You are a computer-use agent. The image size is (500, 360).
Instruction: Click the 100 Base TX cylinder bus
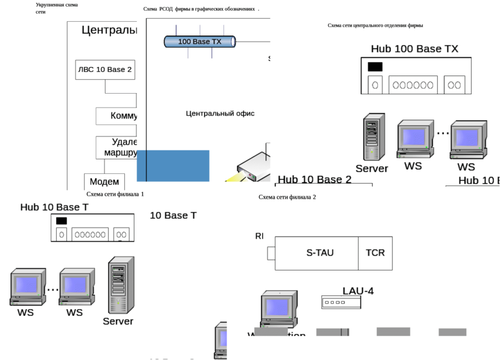[200, 42]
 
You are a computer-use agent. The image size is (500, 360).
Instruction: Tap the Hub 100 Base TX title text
[414, 49]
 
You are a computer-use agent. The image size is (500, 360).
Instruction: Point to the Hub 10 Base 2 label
[314, 179]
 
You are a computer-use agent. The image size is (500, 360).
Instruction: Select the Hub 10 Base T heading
[55, 207]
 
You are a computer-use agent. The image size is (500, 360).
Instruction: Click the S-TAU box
[319, 252]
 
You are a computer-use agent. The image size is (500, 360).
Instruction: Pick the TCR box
[375, 252]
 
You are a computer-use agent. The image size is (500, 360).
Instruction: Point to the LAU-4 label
[357, 291]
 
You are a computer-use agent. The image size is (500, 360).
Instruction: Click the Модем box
[104, 182]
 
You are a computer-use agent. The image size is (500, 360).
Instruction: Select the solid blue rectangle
[173, 166]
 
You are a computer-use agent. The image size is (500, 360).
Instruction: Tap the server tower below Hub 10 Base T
[120, 285]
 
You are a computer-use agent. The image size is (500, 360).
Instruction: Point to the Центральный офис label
[220, 114]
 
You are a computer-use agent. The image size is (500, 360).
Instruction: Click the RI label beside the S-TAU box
[260, 236]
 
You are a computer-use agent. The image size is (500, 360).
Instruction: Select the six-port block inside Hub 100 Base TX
[413, 85]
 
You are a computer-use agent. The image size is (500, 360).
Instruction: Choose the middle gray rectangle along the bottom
[393, 332]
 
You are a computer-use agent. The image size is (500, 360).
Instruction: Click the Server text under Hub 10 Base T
[118, 321]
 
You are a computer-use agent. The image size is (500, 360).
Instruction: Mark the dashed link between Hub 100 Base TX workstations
[443, 133]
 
